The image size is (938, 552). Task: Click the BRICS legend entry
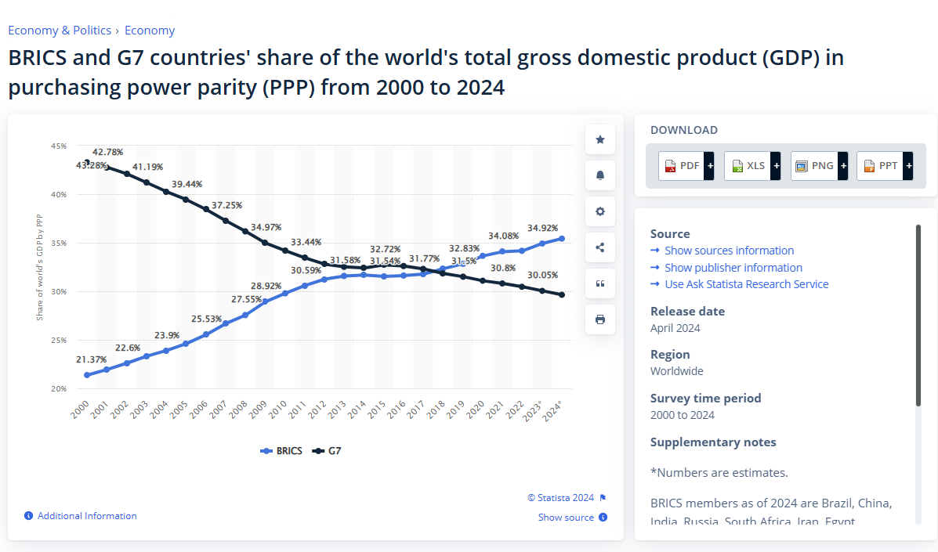coord(282,451)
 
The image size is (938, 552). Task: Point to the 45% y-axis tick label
coord(59,146)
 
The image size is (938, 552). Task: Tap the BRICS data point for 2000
coord(87,375)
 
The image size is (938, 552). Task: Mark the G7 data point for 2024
coord(562,294)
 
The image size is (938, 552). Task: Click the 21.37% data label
coord(91,359)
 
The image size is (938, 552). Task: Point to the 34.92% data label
coord(543,228)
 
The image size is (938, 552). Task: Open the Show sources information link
coord(729,251)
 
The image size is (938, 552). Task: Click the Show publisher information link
coord(733,268)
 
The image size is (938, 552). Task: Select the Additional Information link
coord(87,516)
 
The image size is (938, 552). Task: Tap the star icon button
coord(600,139)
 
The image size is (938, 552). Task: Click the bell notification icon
coord(600,175)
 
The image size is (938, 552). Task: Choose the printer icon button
coord(600,319)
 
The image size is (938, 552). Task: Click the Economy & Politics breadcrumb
coord(60,31)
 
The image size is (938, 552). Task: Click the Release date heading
coord(687,311)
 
